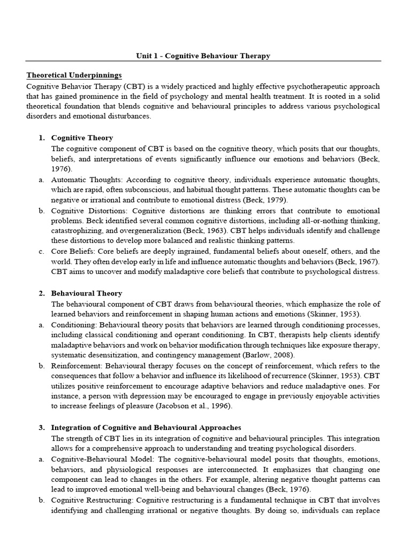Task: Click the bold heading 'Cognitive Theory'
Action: click(82, 137)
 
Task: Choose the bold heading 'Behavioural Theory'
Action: click(86, 293)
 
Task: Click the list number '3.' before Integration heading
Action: click(41, 428)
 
